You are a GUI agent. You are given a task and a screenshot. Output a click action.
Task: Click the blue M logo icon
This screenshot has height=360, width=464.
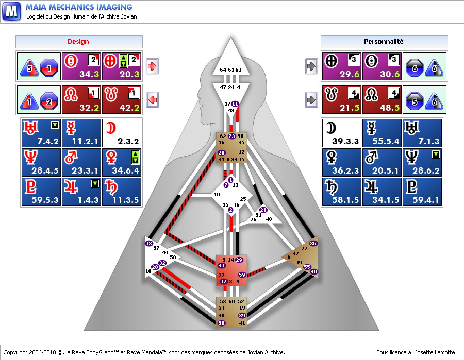coord(11,11)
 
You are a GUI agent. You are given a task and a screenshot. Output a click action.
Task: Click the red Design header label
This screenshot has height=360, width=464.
coord(78,41)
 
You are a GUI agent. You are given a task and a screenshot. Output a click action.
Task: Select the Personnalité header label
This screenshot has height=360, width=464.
coord(384,41)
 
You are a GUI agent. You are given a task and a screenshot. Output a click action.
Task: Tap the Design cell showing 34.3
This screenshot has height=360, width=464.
coord(81,66)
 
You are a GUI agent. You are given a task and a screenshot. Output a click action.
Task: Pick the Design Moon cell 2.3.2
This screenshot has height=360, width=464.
coord(122,133)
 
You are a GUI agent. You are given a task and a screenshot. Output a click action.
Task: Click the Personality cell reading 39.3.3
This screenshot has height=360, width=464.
coord(341,133)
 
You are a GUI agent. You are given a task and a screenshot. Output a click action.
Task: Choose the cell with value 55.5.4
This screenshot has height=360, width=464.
coord(382,133)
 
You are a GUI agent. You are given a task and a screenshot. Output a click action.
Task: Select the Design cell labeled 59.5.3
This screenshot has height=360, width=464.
coord(41,192)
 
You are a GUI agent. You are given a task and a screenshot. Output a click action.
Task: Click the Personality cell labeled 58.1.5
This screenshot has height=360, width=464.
coord(341,192)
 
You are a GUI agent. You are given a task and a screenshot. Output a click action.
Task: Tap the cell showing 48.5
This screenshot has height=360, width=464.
coord(382,100)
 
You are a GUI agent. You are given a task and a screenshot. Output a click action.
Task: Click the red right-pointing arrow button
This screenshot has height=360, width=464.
coord(153,66)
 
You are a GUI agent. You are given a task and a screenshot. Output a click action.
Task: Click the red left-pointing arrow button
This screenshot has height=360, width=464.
coord(153,100)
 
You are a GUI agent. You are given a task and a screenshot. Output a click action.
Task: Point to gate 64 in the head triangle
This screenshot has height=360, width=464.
coord(223,70)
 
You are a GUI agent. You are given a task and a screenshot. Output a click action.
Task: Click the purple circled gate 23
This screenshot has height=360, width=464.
coord(231,136)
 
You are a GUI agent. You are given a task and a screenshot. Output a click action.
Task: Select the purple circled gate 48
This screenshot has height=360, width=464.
coord(149,243)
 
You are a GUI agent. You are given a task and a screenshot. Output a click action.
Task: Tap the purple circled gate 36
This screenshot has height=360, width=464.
coord(313,243)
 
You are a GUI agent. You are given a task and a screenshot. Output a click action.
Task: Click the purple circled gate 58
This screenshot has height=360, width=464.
coord(221,323)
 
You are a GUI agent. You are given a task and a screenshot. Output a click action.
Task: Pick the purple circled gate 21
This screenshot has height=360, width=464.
coord(263,210)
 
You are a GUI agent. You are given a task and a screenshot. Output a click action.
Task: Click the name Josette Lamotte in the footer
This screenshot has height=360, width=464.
coord(435,352)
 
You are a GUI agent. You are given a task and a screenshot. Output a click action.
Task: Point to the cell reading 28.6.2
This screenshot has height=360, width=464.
coord(422,162)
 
